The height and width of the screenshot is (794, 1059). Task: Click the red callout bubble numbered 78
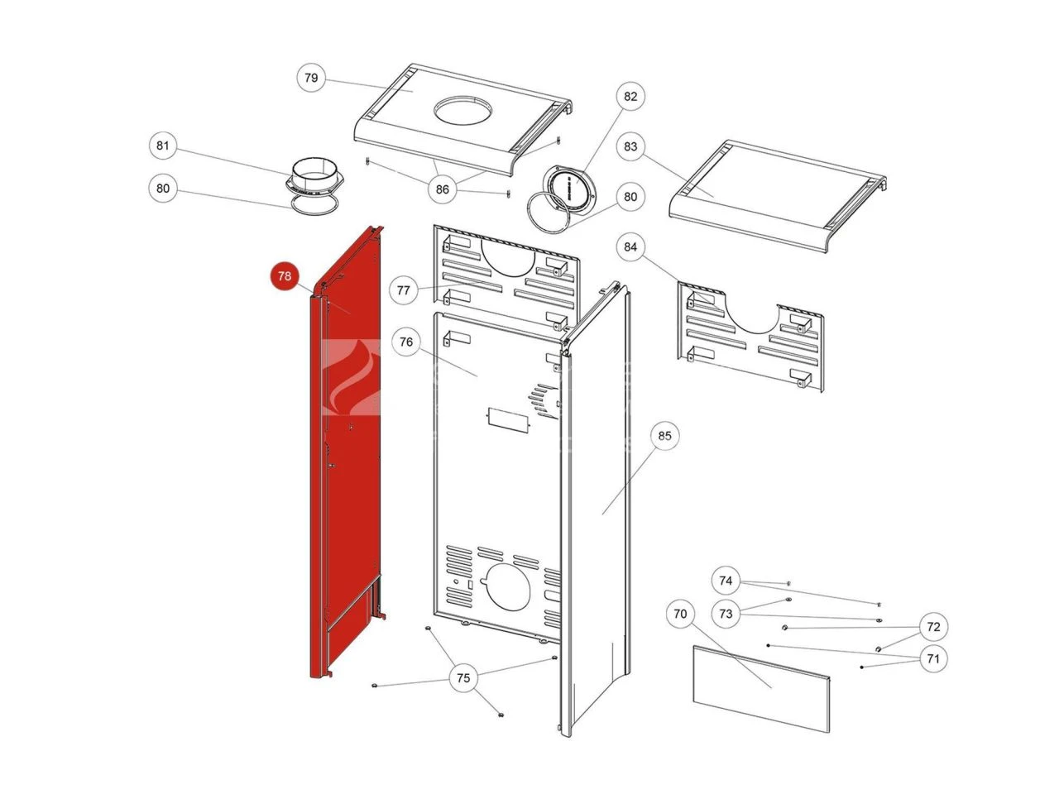point(285,276)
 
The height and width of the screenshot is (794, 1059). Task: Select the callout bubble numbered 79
point(311,79)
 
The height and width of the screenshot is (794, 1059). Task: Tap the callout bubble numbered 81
point(163,146)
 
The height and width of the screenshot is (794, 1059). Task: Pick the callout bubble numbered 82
point(631,97)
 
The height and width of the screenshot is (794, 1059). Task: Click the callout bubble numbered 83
point(631,146)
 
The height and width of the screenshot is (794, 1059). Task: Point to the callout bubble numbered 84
point(631,246)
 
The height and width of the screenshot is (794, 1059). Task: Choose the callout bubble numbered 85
point(664,435)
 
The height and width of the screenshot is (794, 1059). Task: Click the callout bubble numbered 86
point(443,189)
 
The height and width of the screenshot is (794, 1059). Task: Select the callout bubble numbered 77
point(403,290)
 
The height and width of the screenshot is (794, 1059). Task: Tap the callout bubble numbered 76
point(405,342)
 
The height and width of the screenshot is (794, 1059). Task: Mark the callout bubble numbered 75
point(463,678)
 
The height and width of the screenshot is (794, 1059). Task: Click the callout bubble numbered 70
point(680,614)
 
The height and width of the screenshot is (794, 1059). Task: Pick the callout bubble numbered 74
point(726,581)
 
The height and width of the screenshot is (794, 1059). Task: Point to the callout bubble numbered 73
point(726,614)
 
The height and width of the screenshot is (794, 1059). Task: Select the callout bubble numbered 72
point(933,627)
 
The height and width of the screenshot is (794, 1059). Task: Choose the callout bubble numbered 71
point(933,659)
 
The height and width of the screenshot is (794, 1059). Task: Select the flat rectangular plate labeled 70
point(760,690)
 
